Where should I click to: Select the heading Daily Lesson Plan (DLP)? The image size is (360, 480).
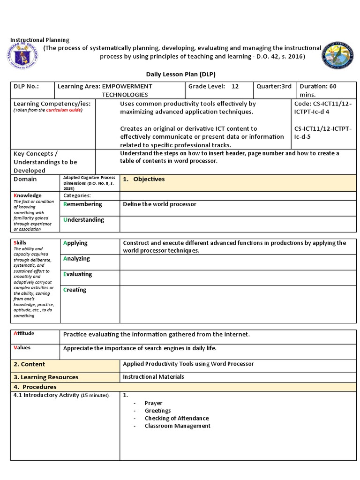click(180, 75)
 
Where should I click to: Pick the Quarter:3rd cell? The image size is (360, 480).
click(274, 86)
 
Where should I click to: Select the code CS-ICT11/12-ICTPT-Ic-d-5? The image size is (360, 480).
click(323, 132)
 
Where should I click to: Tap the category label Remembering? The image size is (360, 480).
click(82, 204)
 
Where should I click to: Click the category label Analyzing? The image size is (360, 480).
click(76, 258)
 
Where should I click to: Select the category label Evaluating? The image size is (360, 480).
click(78, 274)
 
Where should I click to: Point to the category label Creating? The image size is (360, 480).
click(75, 290)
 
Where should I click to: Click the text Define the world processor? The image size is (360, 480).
click(159, 204)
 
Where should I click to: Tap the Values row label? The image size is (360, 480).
click(22, 348)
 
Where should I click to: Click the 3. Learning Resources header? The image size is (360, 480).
click(46, 377)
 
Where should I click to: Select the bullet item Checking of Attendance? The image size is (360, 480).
click(176, 418)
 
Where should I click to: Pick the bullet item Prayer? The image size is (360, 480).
click(153, 403)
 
